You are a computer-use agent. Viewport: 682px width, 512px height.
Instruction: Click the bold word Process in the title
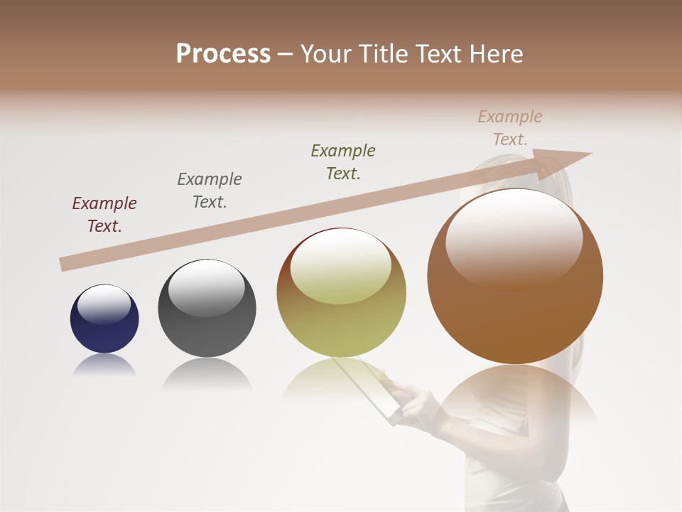pyautogui.click(x=223, y=54)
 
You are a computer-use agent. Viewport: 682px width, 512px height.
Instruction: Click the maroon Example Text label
pyautogui.click(x=104, y=215)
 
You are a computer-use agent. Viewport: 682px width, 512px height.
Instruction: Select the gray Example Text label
pyautogui.click(x=210, y=191)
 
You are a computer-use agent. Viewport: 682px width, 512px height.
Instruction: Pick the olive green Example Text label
pyautogui.click(x=343, y=162)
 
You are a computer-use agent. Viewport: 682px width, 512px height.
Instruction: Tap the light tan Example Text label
pyautogui.click(x=509, y=128)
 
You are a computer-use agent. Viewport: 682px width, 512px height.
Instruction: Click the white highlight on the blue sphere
pyautogui.click(x=104, y=304)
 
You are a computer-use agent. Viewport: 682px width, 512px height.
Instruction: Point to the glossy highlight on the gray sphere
pyautogui.click(x=206, y=287)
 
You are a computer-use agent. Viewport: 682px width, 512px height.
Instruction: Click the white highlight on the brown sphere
pyautogui.click(x=514, y=238)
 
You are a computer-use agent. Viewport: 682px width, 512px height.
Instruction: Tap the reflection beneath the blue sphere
pyautogui.click(x=104, y=366)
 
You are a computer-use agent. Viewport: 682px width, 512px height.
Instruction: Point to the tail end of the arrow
pyautogui.click(x=63, y=265)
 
